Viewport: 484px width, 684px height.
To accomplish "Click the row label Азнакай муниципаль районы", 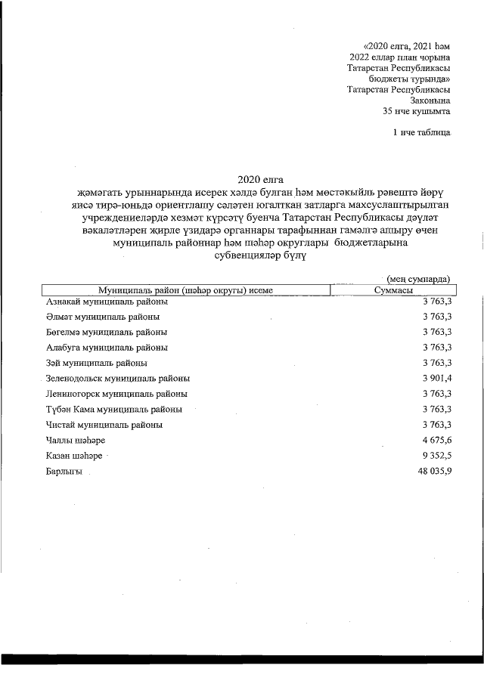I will click(107, 302).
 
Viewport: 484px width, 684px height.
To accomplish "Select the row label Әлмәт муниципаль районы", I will click(103, 317).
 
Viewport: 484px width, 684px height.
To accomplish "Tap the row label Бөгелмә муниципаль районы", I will click(107, 332).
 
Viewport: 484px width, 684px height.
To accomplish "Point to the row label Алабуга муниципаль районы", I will click(107, 348).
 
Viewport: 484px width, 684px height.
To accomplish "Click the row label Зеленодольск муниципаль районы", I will click(118, 378).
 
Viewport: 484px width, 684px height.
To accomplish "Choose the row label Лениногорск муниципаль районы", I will click(116, 394).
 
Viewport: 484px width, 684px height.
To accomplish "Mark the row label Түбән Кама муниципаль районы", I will click(113, 409).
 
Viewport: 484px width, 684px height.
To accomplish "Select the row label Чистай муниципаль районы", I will click(104, 425).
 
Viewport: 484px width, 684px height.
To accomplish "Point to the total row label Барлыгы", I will click(64, 471).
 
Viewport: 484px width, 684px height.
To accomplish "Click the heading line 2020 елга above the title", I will click(259, 179).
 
